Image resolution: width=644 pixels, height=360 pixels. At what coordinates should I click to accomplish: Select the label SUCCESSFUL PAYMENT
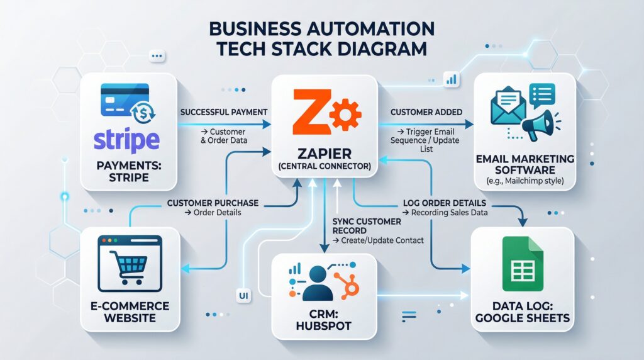(224, 112)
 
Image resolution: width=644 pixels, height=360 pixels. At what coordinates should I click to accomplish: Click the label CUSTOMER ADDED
(426, 112)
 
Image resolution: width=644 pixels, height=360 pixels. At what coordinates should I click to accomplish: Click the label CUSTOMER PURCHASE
(213, 203)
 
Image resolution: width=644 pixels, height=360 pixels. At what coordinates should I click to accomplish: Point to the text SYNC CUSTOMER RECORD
(366, 227)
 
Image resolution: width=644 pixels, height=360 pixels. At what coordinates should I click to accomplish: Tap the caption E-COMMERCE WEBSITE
(131, 312)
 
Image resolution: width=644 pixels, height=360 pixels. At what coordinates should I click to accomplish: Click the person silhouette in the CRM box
(316, 283)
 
